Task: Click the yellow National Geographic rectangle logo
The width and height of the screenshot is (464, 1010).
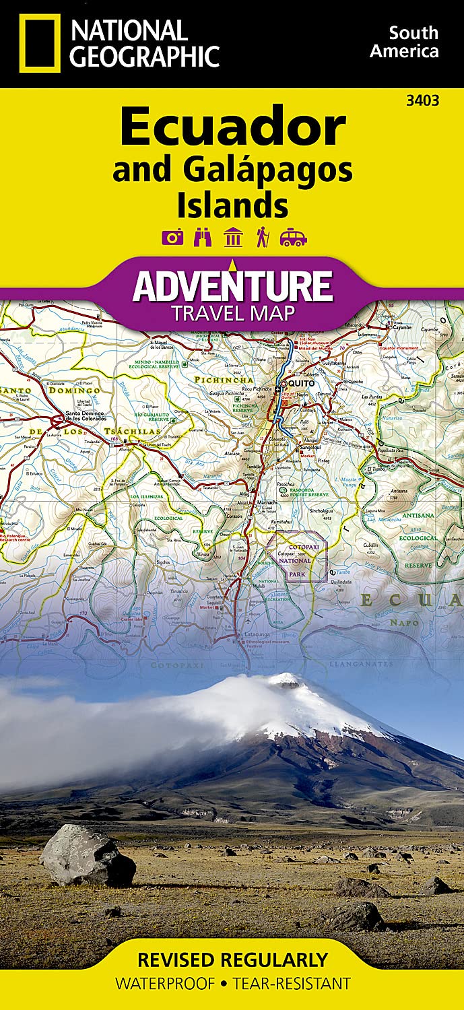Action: pyautogui.click(x=40, y=43)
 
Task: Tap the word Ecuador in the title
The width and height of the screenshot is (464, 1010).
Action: pyautogui.click(x=233, y=129)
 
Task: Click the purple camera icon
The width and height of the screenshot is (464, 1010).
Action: pyautogui.click(x=172, y=237)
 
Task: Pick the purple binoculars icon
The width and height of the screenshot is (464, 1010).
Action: pyautogui.click(x=202, y=237)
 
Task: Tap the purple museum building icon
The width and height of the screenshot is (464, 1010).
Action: pyautogui.click(x=233, y=237)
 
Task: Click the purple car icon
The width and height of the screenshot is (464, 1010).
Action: pyautogui.click(x=293, y=237)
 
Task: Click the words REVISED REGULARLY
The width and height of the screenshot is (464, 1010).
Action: pyautogui.click(x=232, y=959)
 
